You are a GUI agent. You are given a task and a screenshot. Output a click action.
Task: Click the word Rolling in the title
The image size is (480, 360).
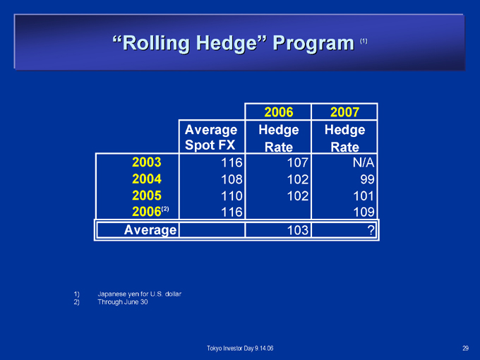click(x=156, y=43)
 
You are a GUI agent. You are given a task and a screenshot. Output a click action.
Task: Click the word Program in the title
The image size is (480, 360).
click(x=313, y=43)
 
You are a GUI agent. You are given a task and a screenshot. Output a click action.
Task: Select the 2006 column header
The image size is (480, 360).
click(x=279, y=112)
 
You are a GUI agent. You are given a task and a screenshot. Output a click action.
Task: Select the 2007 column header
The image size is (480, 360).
click(x=344, y=112)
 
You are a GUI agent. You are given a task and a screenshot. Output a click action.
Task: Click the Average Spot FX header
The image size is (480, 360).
click(x=211, y=137)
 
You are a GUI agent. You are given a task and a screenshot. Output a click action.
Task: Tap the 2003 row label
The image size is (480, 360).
click(x=147, y=162)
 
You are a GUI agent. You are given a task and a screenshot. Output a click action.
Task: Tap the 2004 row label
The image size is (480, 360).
click(x=147, y=179)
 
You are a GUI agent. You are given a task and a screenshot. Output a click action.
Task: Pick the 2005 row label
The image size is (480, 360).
click(x=147, y=196)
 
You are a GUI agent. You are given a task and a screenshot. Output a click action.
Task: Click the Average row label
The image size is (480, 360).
click(x=150, y=230)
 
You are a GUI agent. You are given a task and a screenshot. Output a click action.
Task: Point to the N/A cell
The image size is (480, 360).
click(x=364, y=162)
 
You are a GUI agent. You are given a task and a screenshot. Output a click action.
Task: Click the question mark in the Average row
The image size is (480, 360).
click(x=371, y=230)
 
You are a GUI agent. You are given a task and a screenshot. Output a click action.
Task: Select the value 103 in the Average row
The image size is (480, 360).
click(x=297, y=230)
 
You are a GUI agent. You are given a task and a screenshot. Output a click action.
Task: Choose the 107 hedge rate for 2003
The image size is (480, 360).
click(x=297, y=162)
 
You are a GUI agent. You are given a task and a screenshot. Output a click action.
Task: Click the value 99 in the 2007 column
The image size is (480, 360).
click(x=367, y=179)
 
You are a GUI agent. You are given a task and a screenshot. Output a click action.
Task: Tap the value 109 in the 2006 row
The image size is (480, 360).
click(x=364, y=212)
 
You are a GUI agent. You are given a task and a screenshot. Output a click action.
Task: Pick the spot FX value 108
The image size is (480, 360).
click(x=232, y=179)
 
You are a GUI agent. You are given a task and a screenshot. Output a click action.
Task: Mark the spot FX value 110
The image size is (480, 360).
click(x=232, y=196)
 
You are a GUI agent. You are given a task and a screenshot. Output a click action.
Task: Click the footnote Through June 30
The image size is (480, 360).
click(x=122, y=302)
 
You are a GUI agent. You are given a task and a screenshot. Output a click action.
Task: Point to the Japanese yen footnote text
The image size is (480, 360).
click(x=139, y=294)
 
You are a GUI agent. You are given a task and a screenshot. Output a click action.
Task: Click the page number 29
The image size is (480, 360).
click(x=465, y=348)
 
